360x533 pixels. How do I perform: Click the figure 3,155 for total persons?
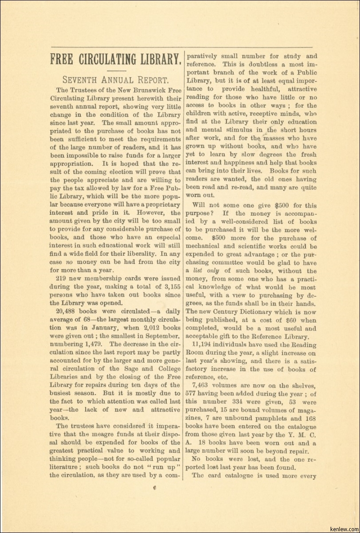pyautogui.click(x=170, y=286)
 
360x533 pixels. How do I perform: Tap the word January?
pyautogui.click(x=87, y=328)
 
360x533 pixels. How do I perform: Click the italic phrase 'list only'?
pyautogui.click(x=207, y=271)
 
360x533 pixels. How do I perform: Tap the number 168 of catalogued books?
pyautogui.click(x=311, y=418)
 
